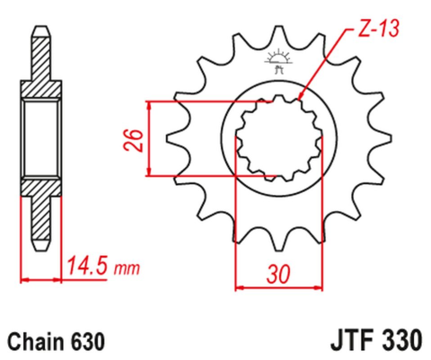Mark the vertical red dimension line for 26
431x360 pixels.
150,139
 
